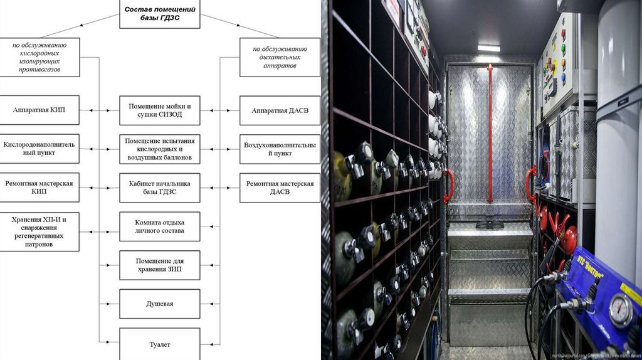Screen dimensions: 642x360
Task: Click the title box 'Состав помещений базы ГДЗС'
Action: pyautogui.click(x=160, y=14)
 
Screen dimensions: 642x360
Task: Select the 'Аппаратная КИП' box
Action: pyautogui.click(x=39, y=110)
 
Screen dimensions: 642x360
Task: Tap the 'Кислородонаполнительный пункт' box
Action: pyautogui.click(x=39, y=149)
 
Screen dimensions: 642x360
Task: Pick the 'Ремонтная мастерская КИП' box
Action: pyautogui.click(x=39, y=188)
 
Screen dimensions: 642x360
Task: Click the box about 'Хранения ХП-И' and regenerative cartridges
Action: pyautogui.click(x=39, y=231)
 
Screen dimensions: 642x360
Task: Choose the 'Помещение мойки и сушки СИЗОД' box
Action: pyautogui.click(x=160, y=110)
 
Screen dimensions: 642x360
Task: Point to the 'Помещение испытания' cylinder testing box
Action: pyautogui.click(x=160, y=149)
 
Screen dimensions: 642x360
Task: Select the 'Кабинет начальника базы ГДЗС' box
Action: pyautogui.click(x=160, y=188)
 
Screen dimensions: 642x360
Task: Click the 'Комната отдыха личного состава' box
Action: pyautogui.click(x=160, y=226)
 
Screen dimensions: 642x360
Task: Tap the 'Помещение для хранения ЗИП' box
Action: pyautogui.click(x=160, y=265)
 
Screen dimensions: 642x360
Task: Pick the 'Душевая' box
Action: pyautogui.click(x=160, y=304)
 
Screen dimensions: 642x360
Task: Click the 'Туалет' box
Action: pyautogui.click(x=160, y=344)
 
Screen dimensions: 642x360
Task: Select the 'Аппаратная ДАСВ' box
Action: pyautogui.click(x=280, y=110)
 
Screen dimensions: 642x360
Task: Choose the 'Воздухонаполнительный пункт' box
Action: pyautogui.click(x=280, y=149)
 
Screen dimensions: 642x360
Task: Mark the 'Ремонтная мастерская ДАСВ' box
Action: pyautogui.click(x=280, y=188)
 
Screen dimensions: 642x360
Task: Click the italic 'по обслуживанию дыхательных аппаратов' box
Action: pyautogui.click(x=280, y=57)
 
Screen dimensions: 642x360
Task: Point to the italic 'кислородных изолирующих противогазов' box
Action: pyautogui.click(x=39, y=57)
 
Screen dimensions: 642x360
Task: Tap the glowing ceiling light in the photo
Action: pyautogui.click(x=489, y=48)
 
